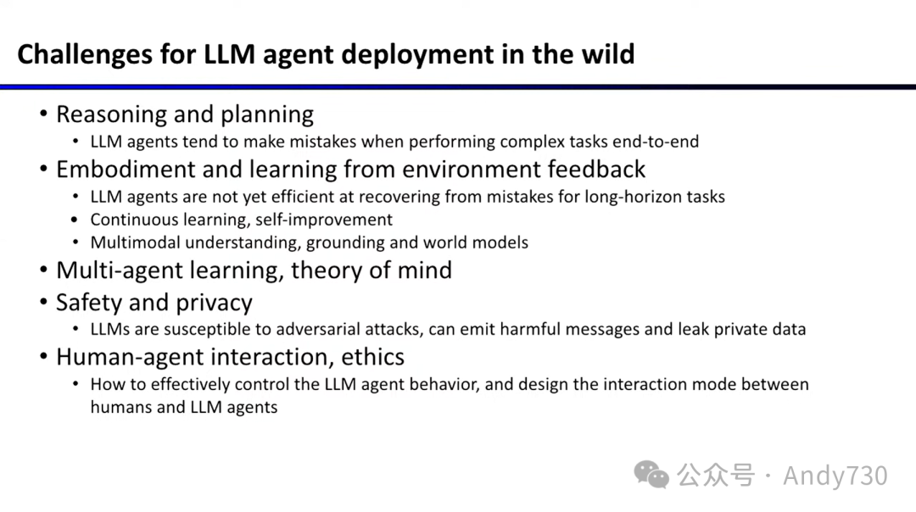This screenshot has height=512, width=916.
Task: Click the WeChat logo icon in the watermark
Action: click(652, 475)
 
